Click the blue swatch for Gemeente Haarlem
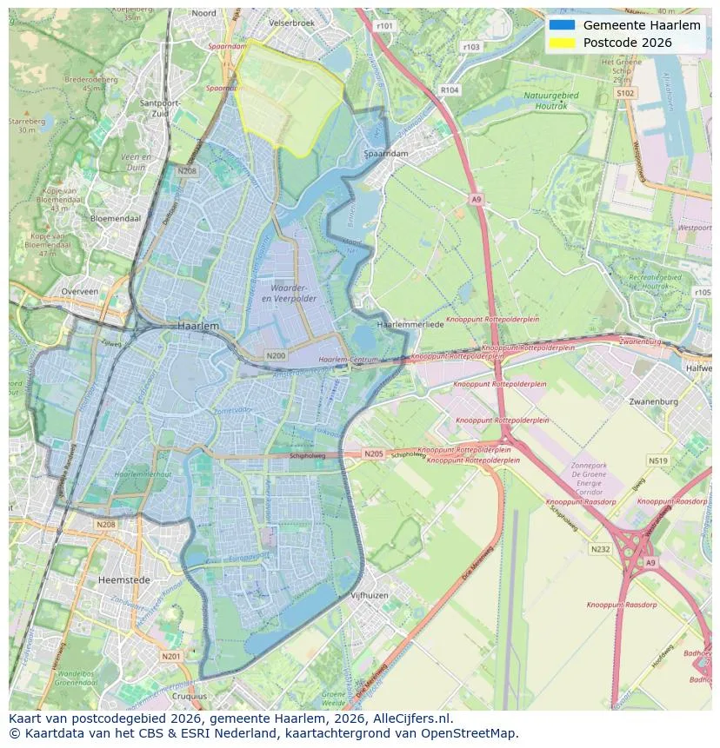point(562,25)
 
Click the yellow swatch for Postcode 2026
point(562,43)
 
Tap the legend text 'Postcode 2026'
point(627,43)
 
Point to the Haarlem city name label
point(198,325)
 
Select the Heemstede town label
point(124,579)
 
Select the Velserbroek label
point(290,23)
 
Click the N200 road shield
point(276,355)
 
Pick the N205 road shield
point(373,453)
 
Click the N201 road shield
point(170,656)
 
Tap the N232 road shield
point(600,549)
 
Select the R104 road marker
point(449,89)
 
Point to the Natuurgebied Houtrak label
point(550,100)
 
